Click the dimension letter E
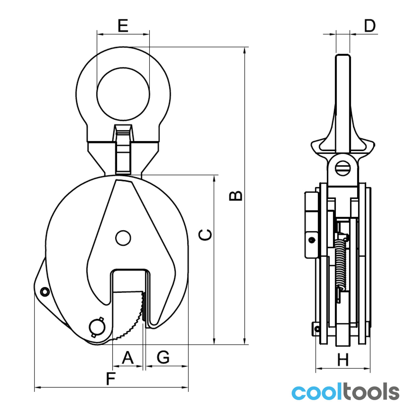pyautogui.click(x=123, y=26)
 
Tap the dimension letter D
pyautogui.click(x=370, y=26)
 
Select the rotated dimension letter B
pyautogui.click(x=236, y=196)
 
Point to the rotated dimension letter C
pyautogui.click(x=205, y=235)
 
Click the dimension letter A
pyautogui.click(x=128, y=357)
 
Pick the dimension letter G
pyautogui.click(x=163, y=357)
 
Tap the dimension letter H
pyautogui.click(x=343, y=360)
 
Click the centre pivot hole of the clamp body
pyautogui.click(x=123, y=238)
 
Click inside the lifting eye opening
pyautogui.click(x=123, y=94)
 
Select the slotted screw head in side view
pyautogui.click(x=343, y=168)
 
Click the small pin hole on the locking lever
pyautogui.click(x=45, y=292)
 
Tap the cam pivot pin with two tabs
pyautogui.click(x=97, y=327)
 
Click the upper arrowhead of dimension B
pyautogui.click(x=245, y=51)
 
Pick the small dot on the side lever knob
pyautogui.click(x=312, y=240)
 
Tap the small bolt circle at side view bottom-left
pyautogui.click(x=317, y=329)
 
